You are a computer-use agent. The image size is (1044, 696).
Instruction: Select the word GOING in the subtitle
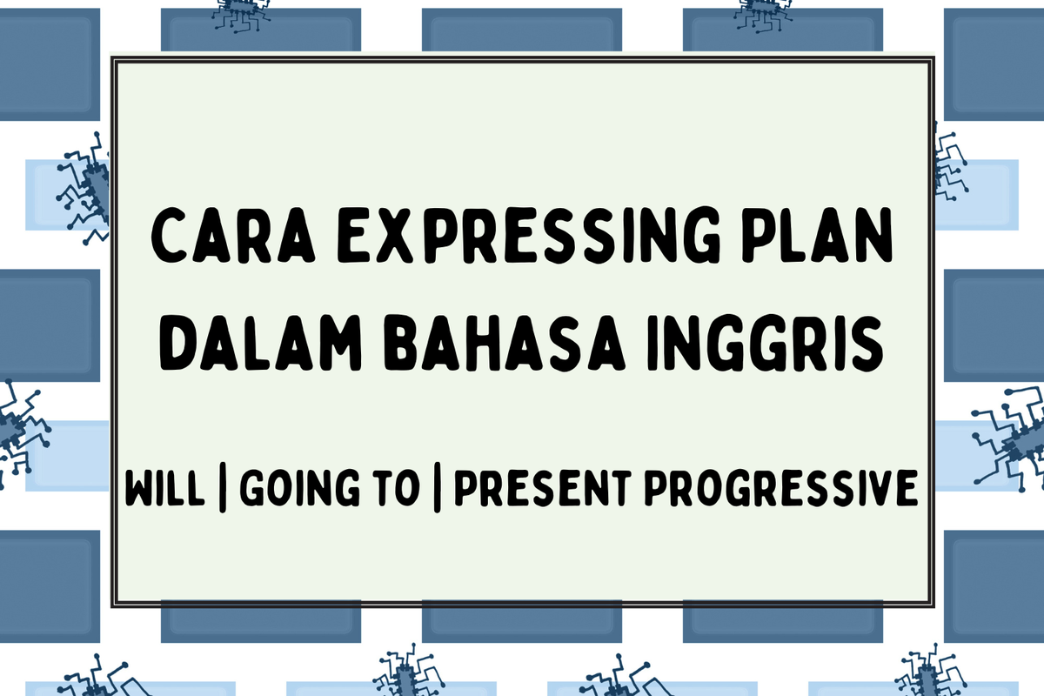click(x=286, y=489)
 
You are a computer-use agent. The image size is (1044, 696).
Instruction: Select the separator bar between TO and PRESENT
click(x=434, y=490)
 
